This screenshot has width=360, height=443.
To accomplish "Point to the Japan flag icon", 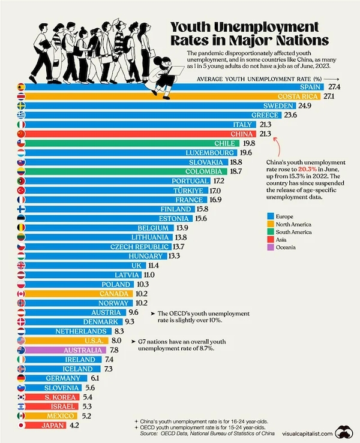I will [x=21, y=425].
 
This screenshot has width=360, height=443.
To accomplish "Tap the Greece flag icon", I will [x=21, y=115].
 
